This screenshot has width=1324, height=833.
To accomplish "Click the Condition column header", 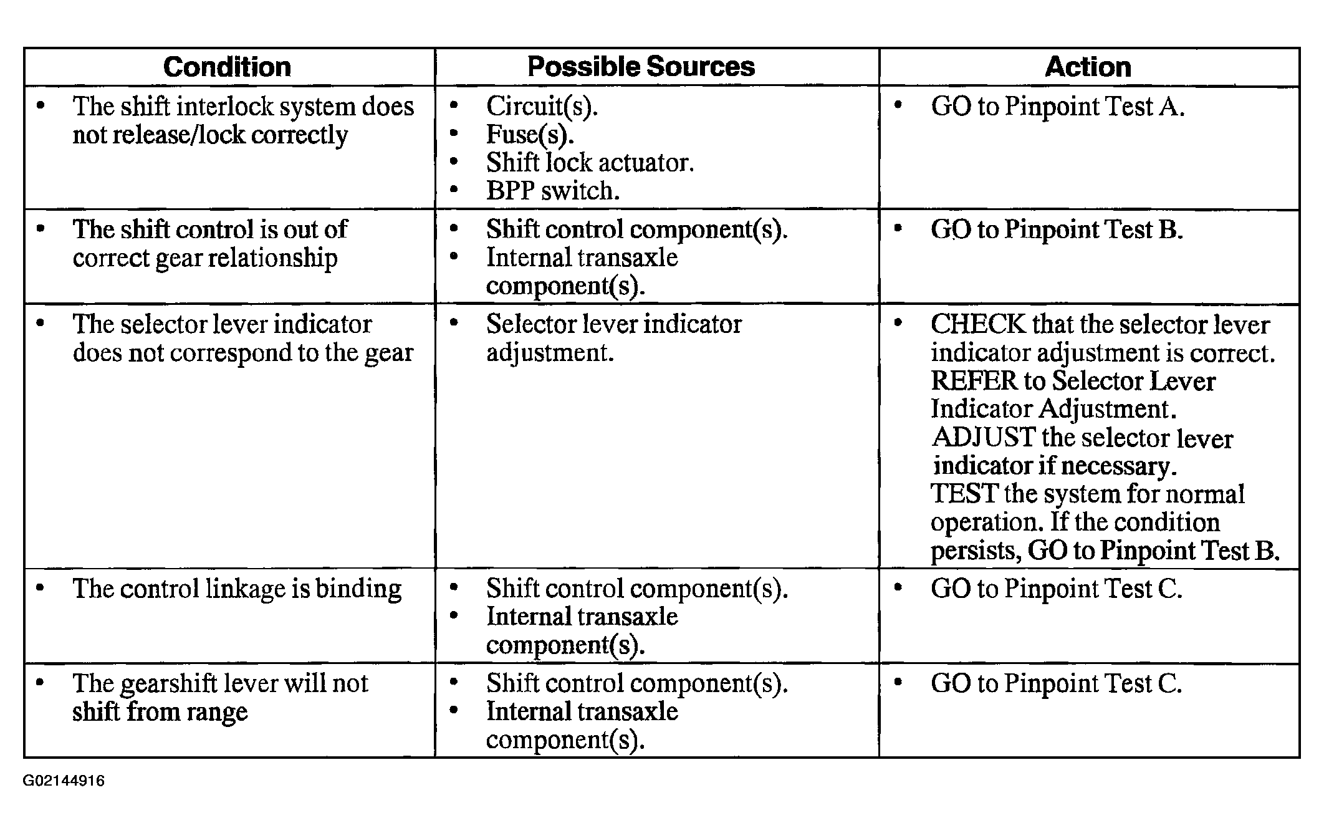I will point(227,67).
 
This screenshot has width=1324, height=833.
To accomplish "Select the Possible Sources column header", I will point(641,67).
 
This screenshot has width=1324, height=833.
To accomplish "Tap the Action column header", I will point(1088,67).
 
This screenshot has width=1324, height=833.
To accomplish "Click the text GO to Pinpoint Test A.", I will point(1057,107).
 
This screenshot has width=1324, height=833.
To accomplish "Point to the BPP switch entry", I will point(552,191).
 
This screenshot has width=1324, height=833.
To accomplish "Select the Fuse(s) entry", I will point(529,135).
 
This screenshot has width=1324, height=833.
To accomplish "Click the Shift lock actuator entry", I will point(589,163).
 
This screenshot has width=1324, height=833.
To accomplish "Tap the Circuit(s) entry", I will point(541,107).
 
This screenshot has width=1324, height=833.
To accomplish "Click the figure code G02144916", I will point(64,781).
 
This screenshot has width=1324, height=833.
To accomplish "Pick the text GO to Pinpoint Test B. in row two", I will point(1057,229).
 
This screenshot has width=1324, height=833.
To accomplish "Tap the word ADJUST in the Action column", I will point(983,438).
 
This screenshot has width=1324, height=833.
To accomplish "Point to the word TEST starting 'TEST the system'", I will point(963,494).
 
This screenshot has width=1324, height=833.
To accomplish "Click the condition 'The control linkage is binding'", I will point(237,589).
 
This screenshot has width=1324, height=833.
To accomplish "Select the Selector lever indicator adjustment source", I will point(613,338).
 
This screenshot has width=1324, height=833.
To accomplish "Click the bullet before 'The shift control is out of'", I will point(41,229).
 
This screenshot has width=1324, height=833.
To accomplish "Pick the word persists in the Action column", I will point(975,551).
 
